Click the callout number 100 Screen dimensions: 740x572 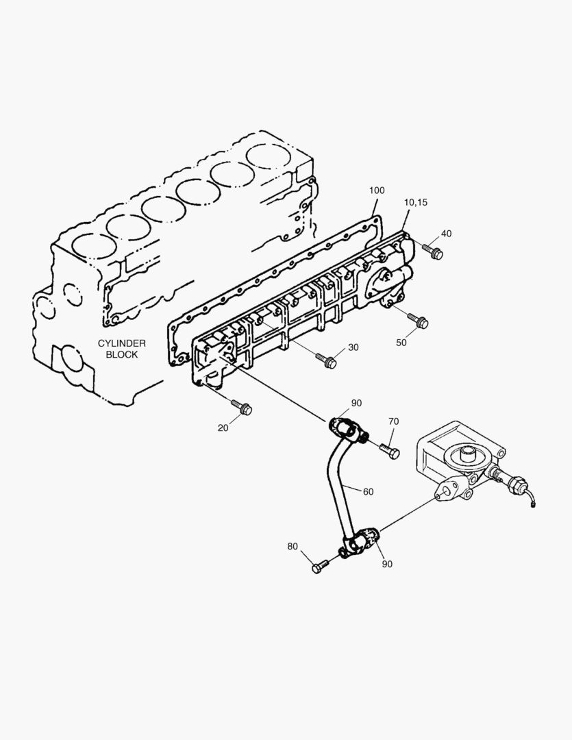[x=377, y=190]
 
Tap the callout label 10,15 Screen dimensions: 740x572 [x=415, y=202]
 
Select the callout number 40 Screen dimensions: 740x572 [x=446, y=234]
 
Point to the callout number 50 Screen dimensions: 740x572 [x=401, y=342]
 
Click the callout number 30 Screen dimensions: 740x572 [x=353, y=347]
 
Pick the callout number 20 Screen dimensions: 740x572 [x=223, y=428]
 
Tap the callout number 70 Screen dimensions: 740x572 [x=393, y=421]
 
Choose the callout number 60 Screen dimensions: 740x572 [x=368, y=491]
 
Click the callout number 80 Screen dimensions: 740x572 [x=293, y=546]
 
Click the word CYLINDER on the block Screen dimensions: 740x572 [x=122, y=343]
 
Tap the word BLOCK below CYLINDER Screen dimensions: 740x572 [x=122, y=354]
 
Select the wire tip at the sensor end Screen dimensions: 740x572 [x=533, y=506]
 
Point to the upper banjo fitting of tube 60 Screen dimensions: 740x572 [x=345, y=428]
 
